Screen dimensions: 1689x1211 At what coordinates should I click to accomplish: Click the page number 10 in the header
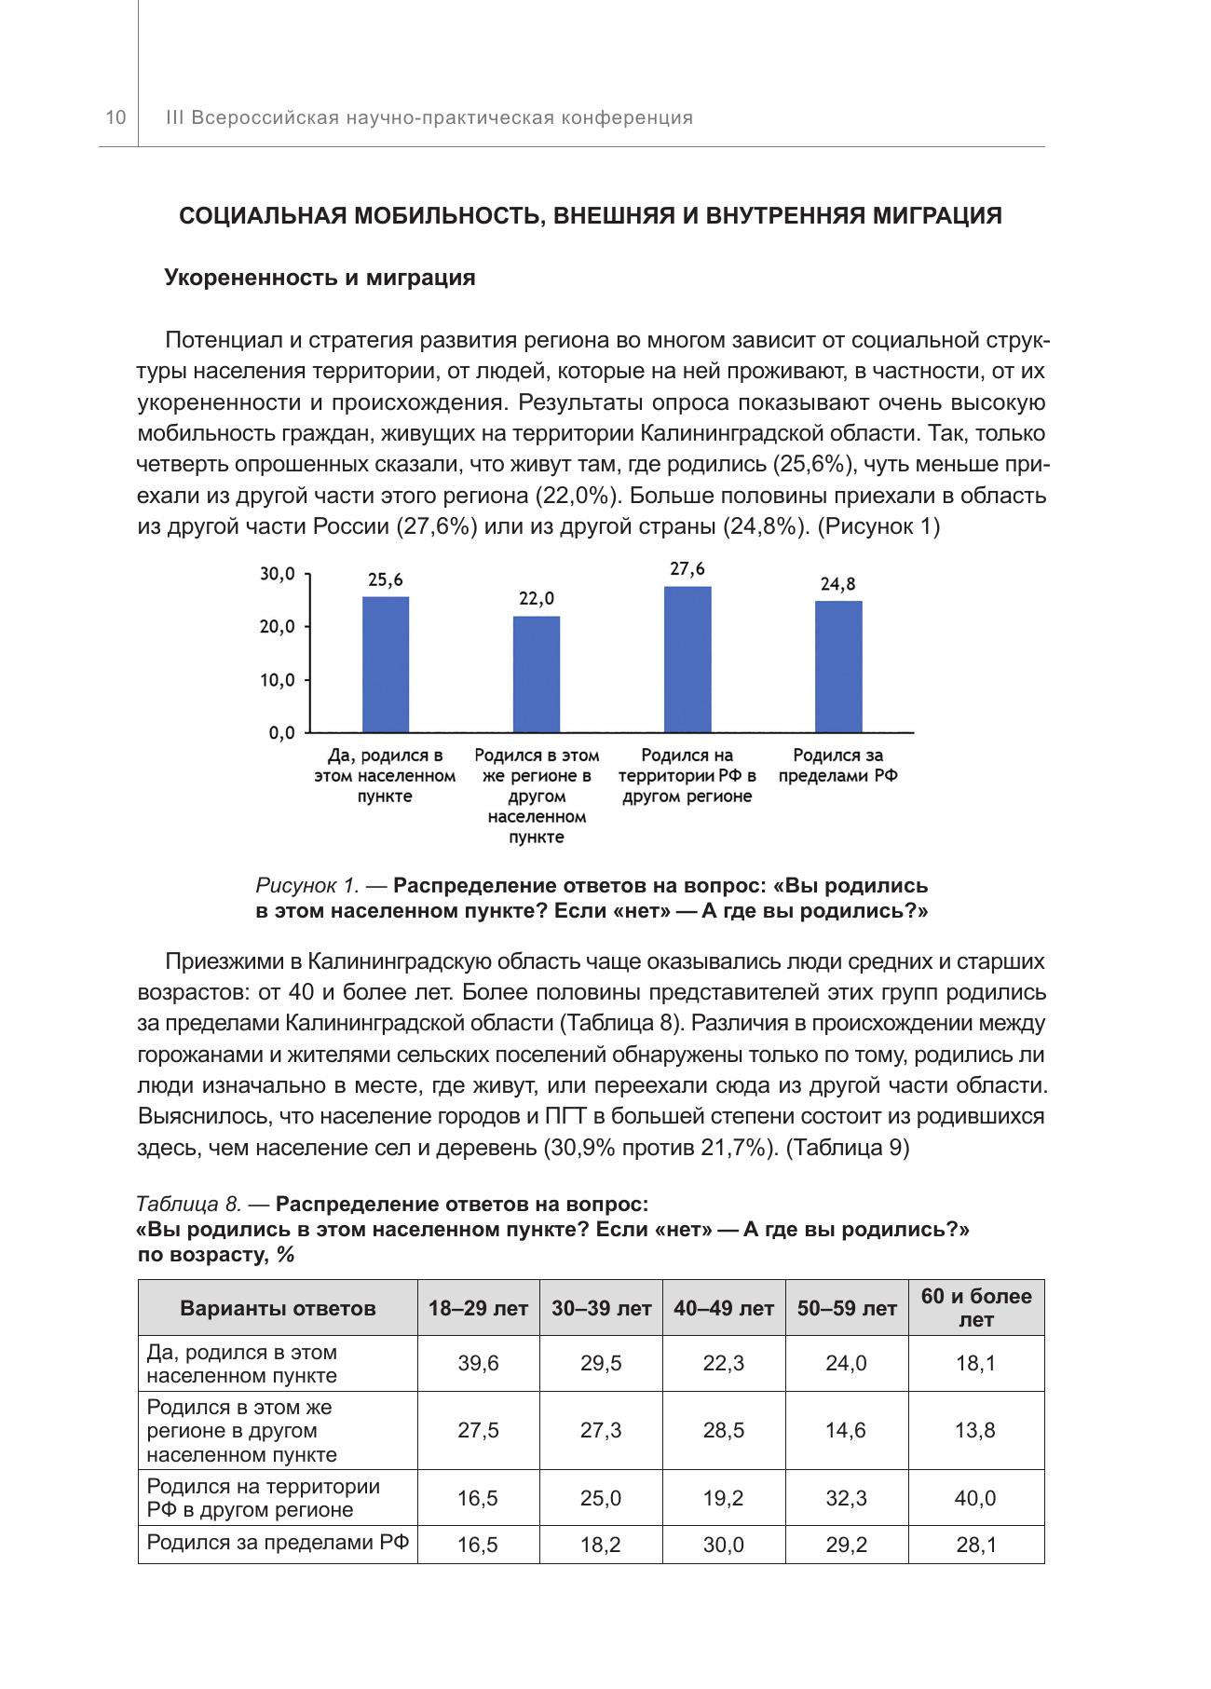pyautogui.click(x=115, y=117)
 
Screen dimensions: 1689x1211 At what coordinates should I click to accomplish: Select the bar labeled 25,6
pyautogui.click(x=385, y=663)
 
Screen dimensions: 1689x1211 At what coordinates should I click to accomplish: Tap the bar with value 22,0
pyautogui.click(x=537, y=674)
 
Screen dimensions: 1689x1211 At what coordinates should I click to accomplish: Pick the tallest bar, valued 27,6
pyautogui.click(x=687, y=659)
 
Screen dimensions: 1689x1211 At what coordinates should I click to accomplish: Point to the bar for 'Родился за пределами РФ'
pyautogui.click(x=838, y=666)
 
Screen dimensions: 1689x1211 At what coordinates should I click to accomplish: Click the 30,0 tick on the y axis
pyautogui.click(x=278, y=575)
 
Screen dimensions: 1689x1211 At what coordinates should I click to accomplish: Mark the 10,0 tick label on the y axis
pyautogui.click(x=278, y=680)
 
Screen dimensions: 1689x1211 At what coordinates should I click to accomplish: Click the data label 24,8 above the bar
pyautogui.click(x=838, y=584)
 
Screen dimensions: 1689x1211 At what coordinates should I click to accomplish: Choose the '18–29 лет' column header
pyautogui.click(x=478, y=1308)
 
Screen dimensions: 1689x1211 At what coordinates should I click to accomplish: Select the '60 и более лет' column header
pyautogui.click(x=976, y=1307)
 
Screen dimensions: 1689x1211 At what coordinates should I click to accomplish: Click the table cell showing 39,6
pyautogui.click(x=478, y=1363)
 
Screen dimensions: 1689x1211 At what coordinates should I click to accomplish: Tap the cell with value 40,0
pyautogui.click(x=975, y=1498)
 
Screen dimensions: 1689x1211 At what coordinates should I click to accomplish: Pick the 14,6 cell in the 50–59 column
pyautogui.click(x=846, y=1430)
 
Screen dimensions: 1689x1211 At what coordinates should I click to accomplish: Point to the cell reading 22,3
pyautogui.click(x=724, y=1363)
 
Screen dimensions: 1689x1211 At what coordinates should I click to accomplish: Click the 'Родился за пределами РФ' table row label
pyautogui.click(x=278, y=1542)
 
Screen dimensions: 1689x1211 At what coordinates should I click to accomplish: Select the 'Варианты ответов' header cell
pyautogui.click(x=278, y=1308)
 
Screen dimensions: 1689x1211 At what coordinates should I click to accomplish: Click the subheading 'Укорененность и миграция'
pyautogui.click(x=320, y=278)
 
